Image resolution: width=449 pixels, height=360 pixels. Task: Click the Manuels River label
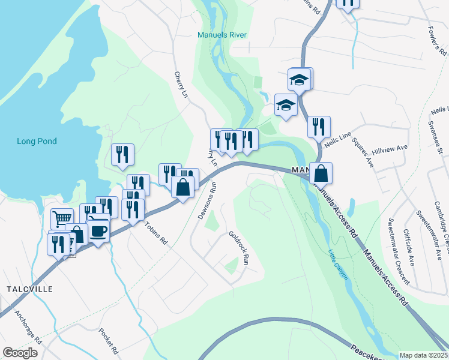(222, 35)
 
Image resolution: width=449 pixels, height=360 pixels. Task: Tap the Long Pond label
(37, 142)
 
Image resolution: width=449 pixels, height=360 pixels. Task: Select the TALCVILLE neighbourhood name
(30, 289)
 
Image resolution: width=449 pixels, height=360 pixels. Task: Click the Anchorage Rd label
(28, 329)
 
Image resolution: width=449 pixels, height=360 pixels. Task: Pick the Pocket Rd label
(110, 343)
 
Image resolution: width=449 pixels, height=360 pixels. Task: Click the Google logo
(20, 353)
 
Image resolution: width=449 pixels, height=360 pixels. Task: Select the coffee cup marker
(98, 230)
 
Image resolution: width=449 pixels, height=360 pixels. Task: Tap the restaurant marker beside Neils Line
(319, 126)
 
